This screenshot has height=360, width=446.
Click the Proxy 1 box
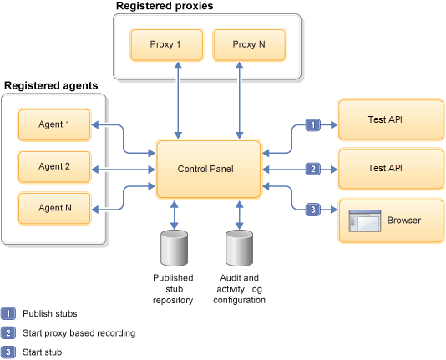point(166,44)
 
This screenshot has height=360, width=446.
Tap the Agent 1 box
point(53,125)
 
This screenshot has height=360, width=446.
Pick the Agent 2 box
point(53,166)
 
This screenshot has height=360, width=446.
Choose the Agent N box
point(53,207)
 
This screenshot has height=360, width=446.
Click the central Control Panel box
point(210,170)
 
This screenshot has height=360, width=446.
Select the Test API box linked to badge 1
point(389,119)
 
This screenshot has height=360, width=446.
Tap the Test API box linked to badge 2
point(389,168)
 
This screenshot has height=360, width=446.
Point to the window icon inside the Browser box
point(364,221)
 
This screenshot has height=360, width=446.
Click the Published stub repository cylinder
point(173,248)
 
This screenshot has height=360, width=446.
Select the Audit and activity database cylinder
point(240,248)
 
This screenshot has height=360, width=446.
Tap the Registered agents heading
point(51,86)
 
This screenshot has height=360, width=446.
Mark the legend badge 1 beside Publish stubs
point(8,314)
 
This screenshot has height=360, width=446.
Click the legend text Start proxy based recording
point(79,332)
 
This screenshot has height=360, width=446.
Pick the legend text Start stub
point(42,352)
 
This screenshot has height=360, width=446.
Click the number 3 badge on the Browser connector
point(313,209)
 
